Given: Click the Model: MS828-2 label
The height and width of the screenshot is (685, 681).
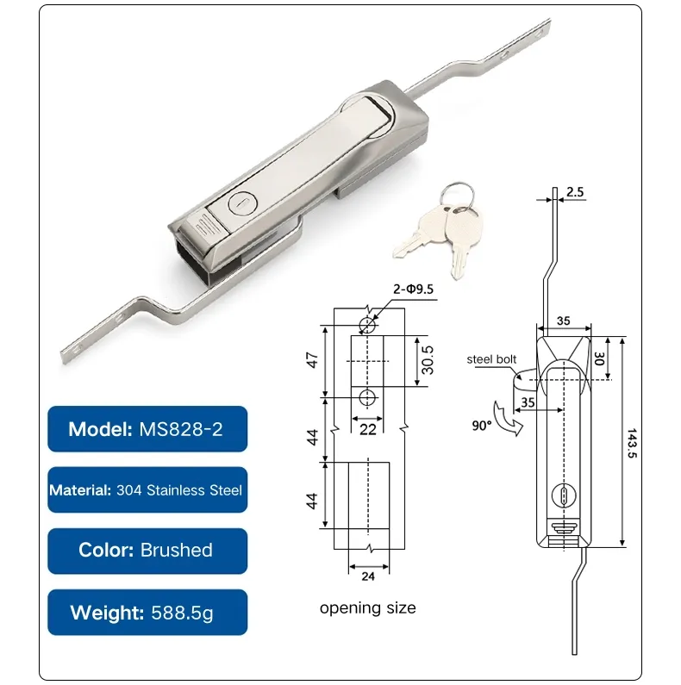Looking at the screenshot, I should point(147,428).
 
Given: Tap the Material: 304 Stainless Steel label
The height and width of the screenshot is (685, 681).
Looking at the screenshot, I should point(147,489).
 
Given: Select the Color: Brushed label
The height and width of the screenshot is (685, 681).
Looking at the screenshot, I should point(147,551).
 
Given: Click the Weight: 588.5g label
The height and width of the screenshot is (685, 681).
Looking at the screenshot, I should point(147,613).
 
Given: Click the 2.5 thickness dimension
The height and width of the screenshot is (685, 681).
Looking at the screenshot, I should point(576,191).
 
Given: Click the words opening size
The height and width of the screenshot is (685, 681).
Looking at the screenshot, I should point(368,608).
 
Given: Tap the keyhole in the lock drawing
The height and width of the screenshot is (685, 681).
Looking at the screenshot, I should point(561,496).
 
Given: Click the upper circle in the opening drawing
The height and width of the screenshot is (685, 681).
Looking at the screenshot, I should point(368,325).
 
